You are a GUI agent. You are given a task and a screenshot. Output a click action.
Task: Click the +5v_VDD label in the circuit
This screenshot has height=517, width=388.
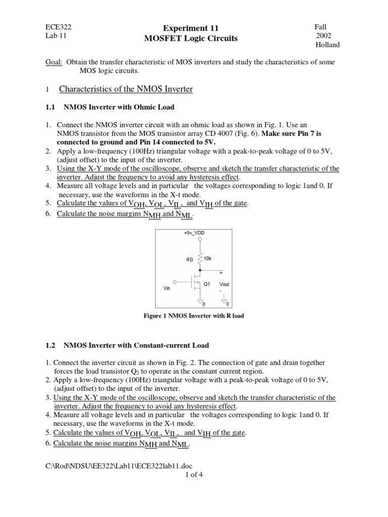pos(194,233)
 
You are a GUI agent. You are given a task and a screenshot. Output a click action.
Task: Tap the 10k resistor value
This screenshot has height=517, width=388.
pos(208,258)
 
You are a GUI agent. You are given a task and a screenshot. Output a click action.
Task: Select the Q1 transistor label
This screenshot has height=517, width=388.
pos(207,284)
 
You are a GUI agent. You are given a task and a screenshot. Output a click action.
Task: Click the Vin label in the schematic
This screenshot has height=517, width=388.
pos(167,288)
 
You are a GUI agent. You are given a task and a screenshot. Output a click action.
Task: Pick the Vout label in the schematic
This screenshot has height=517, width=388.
pos(224,284)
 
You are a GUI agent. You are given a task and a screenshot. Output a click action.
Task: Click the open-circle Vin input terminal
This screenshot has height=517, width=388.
pos(175,281)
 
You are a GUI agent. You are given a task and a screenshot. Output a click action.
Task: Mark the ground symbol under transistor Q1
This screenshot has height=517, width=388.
pos(201,302)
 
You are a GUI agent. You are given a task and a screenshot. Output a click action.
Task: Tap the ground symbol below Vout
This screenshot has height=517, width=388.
pos(224,302)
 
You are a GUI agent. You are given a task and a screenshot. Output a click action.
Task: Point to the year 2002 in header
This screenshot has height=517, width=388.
pos(324,35)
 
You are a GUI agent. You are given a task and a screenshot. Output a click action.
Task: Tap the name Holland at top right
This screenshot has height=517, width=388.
pos(327,44)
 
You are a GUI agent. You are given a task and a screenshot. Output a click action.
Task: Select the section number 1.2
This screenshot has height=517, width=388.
pos(52,345)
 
